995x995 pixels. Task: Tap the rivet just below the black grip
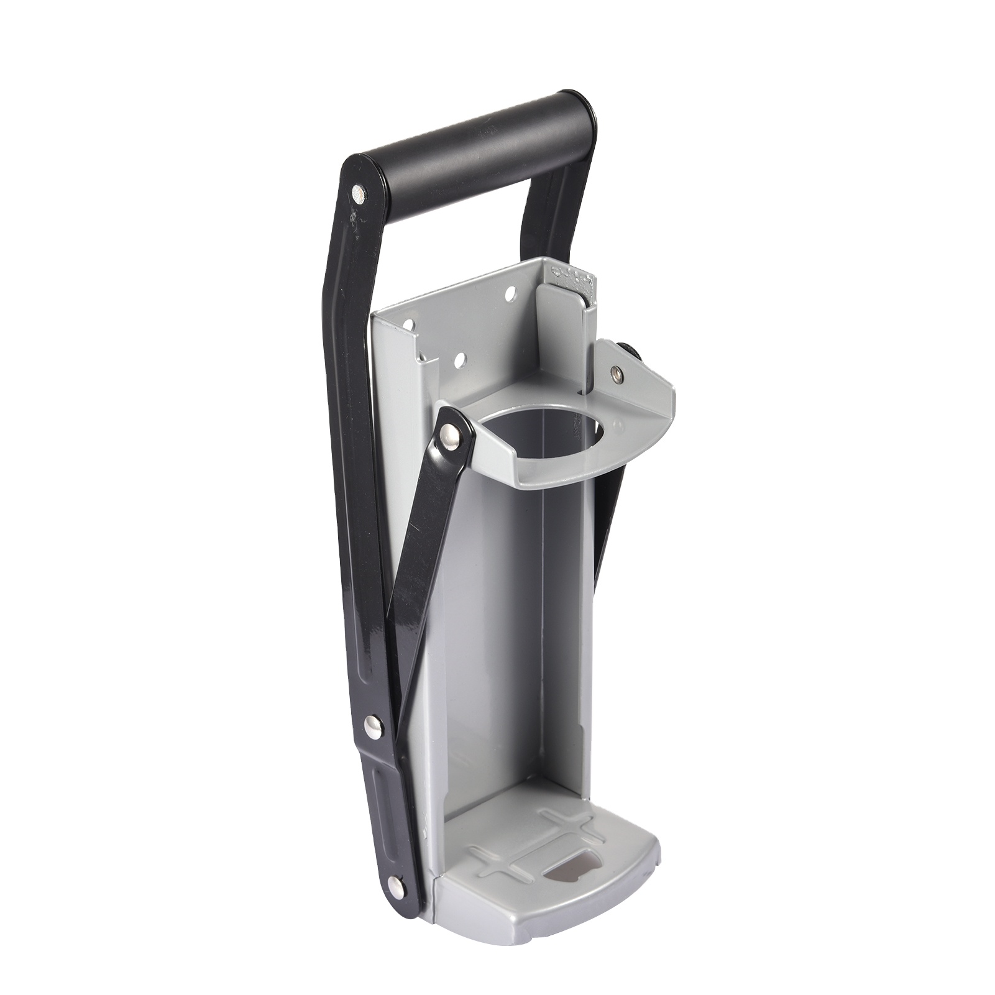pos(359,195)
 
